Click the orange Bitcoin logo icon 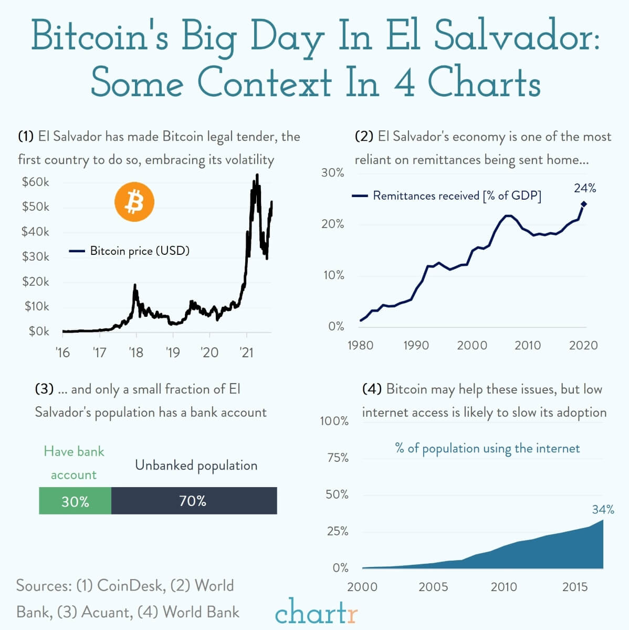(134, 202)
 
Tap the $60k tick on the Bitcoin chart (35, 182)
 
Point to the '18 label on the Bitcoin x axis (135, 352)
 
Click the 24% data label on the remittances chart (584, 188)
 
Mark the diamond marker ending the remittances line (583, 204)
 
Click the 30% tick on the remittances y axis (332, 173)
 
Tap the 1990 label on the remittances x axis (416, 345)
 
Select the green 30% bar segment (75, 501)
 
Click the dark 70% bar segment (193, 501)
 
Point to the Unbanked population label (196, 466)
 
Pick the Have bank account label (74, 463)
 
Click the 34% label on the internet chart (603, 510)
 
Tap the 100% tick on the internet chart (334, 421)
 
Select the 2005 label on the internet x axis (433, 587)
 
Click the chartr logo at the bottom (316, 612)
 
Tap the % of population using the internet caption (487, 448)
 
